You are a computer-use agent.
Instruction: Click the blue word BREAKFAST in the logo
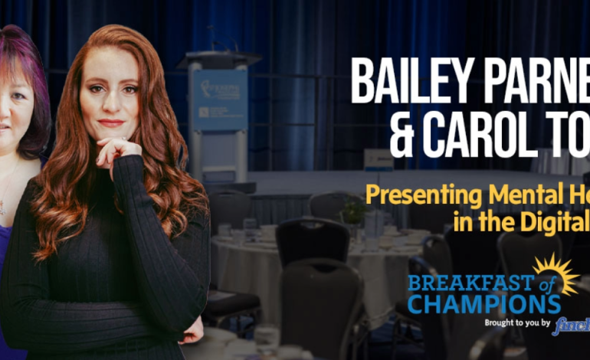click(462, 283)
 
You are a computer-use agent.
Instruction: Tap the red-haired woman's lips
click(110, 123)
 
